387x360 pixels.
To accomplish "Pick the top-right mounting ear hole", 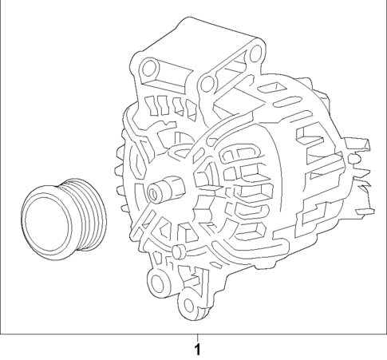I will pos(255,53).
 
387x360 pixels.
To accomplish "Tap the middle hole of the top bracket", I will pos(207,83).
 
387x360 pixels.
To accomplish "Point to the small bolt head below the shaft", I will pos(176,254).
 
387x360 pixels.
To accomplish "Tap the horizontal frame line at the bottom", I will pos(96,331).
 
